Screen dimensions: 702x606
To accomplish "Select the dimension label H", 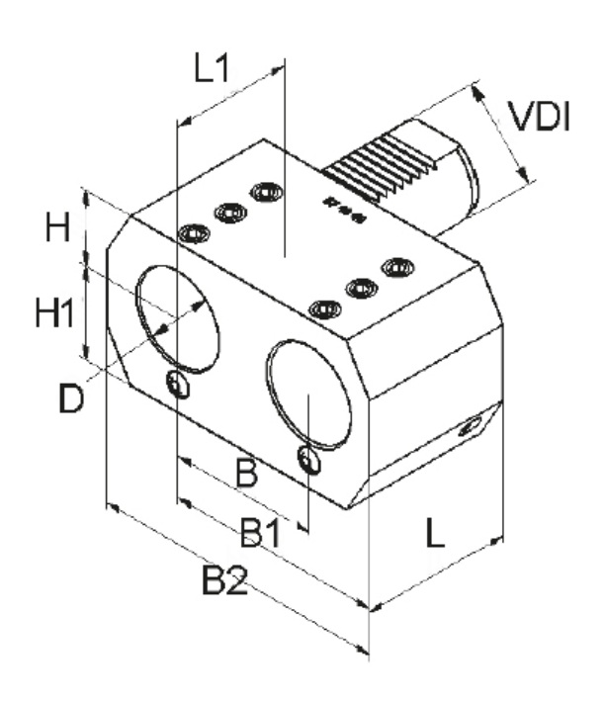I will (58, 229).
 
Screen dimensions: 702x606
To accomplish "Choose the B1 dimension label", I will (261, 535).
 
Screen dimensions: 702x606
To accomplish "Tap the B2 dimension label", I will (223, 581).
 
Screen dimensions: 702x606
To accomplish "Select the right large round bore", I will (309, 395).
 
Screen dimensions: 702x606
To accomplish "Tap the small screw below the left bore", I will (178, 385).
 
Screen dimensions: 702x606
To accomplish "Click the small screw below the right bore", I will (310, 460).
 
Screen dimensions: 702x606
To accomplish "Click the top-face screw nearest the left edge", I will (194, 234).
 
